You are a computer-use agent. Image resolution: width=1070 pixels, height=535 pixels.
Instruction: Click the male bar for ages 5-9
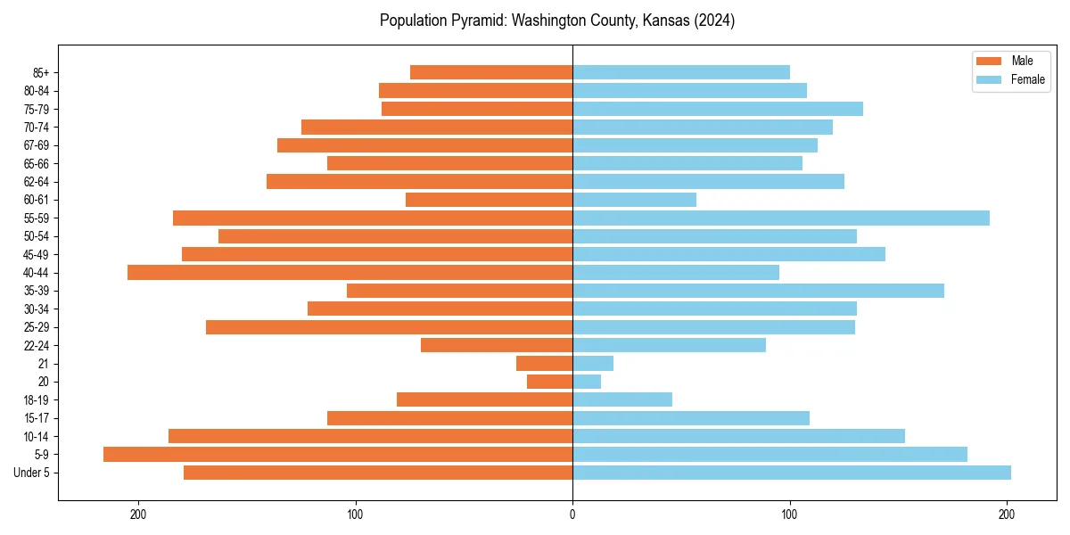[338, 455]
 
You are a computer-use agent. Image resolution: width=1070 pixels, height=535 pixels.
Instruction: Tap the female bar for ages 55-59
[781, 218]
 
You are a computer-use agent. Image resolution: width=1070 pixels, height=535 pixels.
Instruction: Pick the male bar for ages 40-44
[350, 272]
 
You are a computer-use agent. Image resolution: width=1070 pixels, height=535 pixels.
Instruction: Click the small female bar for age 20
[587, 382]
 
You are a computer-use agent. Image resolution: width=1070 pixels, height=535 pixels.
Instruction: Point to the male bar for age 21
[544, 364]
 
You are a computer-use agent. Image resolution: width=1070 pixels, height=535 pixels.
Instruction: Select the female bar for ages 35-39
[758, 291]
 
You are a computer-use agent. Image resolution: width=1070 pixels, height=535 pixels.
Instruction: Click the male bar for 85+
[491, 72]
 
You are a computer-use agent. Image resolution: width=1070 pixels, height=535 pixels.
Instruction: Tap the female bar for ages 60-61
[634, 200]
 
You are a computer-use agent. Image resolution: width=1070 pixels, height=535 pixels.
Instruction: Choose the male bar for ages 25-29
[389, 327]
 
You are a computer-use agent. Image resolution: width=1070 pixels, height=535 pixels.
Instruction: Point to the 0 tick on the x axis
[572, 514]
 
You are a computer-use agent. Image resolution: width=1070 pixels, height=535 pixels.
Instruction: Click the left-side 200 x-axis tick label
[138, 514]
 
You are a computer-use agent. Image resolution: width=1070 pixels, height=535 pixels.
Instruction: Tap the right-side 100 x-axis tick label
[789, 514]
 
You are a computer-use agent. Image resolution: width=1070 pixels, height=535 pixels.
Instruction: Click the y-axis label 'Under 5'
[31, 473]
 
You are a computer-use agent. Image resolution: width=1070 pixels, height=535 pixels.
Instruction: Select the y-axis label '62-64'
[37, 181]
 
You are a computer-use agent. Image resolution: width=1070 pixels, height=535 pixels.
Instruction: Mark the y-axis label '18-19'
[37, 400]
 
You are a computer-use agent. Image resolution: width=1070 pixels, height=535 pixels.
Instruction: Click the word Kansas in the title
[662, 21]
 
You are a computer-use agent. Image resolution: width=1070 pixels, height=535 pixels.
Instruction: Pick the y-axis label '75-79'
[37, 109]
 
